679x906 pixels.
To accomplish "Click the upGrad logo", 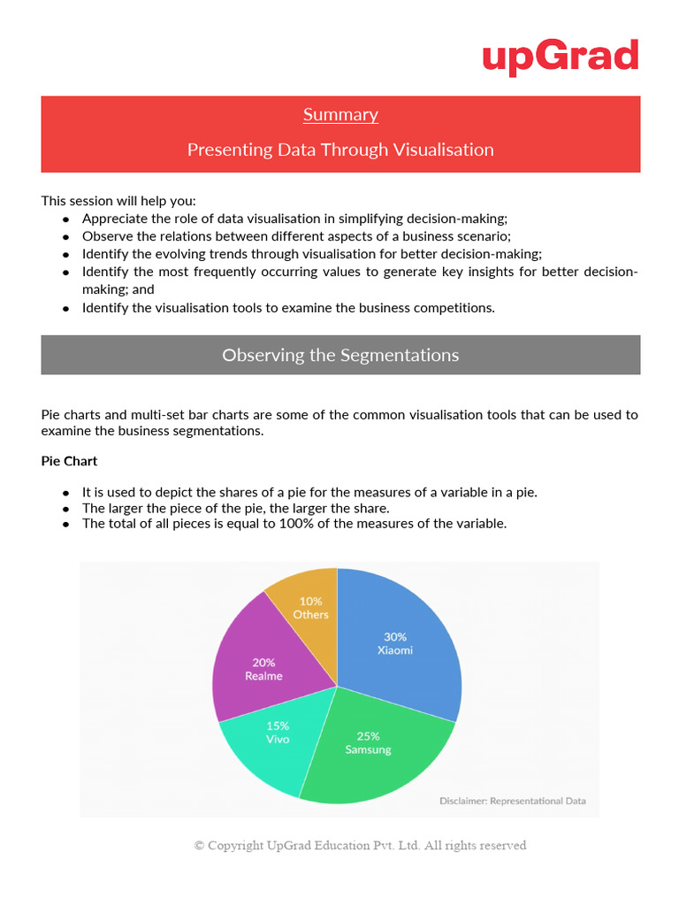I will (560, 58).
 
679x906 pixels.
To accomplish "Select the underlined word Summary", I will (340, 114).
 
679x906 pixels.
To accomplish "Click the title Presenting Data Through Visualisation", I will (340, 150).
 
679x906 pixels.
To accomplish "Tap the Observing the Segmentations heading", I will (340, 355).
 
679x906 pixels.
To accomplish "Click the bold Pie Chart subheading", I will (69, 461).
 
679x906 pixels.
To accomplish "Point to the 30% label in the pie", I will (395, 636).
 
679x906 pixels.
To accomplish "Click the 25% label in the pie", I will (369, 735).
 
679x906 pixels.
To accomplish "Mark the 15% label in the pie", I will (278, 725).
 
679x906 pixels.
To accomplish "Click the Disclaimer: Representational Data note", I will (513, 801).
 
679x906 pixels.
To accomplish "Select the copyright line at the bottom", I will (360, 845).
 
